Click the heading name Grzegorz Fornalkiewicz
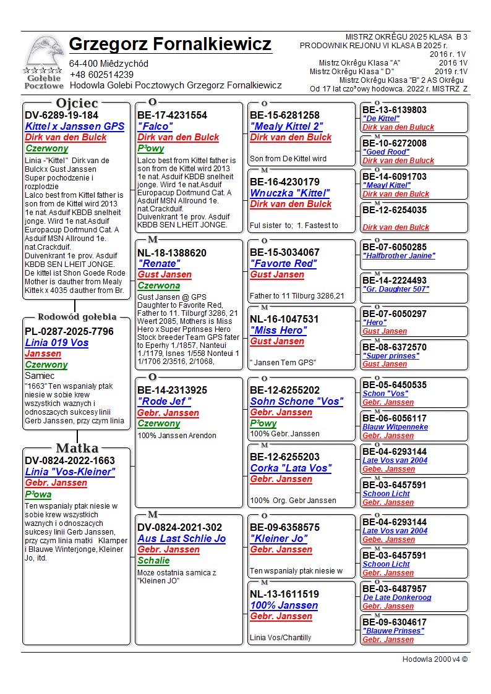[170, 44]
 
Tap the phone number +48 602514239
[101, 75]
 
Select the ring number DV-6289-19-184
[61, 115]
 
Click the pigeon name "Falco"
[155, 126]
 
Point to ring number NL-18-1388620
[172, 253]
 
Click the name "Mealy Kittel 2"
[286, 126]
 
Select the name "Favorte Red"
[283, 263]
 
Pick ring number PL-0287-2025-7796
[69, 332]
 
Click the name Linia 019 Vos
[56, 343]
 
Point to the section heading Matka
[77, 448]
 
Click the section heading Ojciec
[77, 103]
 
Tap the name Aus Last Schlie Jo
[181, 539]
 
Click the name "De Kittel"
[382, 119]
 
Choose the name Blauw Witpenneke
[395, 427]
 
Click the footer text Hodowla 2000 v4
[434, 659]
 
